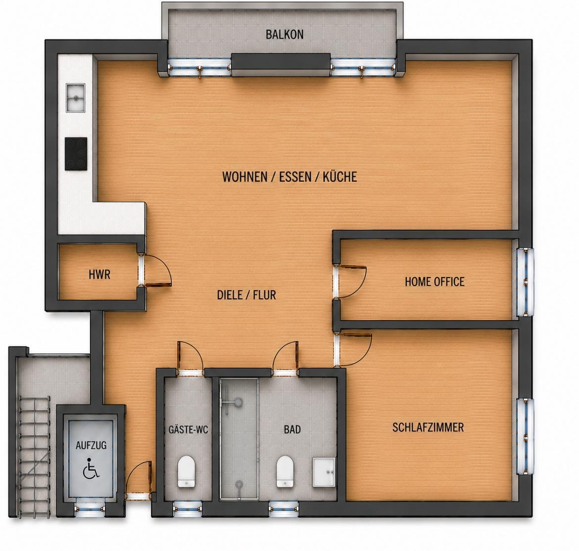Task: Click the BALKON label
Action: point(285,34)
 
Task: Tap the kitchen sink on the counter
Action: point(75,97)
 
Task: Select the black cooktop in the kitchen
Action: point(76,153)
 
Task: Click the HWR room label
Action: point(99,275)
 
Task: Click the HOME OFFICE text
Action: point(434,281)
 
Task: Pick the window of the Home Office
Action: point(525,282)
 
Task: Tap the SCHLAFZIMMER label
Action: point(428,427)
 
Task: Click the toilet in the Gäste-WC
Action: point(186,471)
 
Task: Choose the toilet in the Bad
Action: point(285,471)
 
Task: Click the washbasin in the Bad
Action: point(324,472)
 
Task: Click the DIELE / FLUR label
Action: point(246,295)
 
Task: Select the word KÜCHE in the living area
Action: point(339,177)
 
